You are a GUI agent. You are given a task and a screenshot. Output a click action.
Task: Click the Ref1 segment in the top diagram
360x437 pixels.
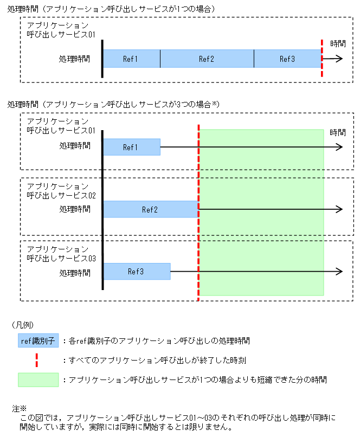(131, 59)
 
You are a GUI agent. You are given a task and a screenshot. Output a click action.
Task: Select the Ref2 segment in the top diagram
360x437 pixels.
(207, 59)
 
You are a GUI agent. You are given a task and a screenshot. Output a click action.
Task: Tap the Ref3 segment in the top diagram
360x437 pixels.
(287, 59)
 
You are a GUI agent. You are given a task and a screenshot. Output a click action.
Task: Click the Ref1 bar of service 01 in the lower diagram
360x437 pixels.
(131, 147)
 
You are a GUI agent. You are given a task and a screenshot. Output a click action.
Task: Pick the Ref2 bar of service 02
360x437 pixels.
(150, 209)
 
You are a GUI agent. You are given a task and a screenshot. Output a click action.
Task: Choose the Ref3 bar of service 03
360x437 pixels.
(137, 271)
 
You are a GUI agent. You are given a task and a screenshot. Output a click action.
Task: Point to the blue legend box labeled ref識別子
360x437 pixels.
(37, 342)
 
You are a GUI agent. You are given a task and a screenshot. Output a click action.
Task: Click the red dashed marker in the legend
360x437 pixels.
(37, 359)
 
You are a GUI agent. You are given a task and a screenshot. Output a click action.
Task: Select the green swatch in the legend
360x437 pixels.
(38, 380)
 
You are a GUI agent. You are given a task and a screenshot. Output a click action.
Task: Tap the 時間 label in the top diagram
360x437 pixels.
(337, 43)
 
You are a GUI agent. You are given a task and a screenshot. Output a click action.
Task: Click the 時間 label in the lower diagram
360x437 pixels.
(337, 132)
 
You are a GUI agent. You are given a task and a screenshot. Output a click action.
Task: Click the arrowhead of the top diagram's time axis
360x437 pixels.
(340, 59)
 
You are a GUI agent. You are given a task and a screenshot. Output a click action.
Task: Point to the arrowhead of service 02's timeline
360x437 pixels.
(340, 209)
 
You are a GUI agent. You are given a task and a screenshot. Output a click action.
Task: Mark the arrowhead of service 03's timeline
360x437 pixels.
(340, 271)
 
